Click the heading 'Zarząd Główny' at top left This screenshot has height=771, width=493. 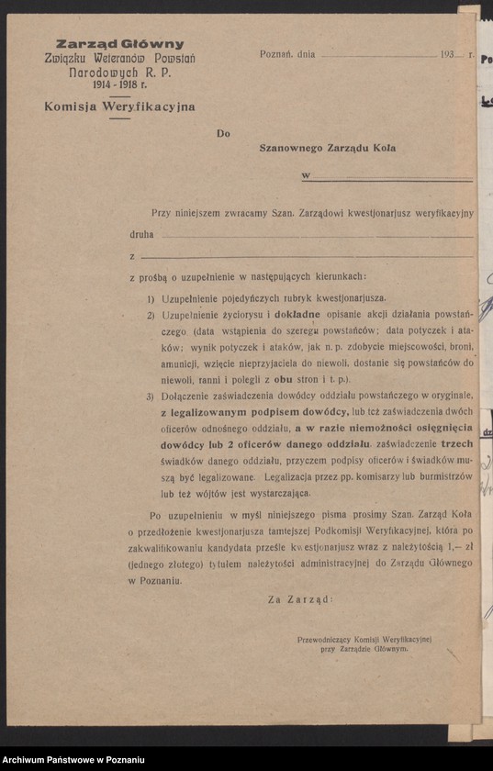pos(119,44)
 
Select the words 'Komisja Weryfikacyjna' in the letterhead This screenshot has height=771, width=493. pos(119,106)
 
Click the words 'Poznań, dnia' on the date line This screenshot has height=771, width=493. pos(287,54)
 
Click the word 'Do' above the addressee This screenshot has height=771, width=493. pos(223,133)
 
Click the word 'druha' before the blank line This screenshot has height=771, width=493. pos(141,234)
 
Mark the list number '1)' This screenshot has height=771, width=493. pos(151,298)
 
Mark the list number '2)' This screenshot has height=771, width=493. pos(151,315)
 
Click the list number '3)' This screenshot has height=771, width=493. pos(151,397)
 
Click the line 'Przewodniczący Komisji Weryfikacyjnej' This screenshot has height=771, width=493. pos(364,639)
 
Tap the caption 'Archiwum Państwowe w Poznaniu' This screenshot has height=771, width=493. pos(74,760)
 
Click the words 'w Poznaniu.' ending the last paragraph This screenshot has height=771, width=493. pos(155,580)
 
